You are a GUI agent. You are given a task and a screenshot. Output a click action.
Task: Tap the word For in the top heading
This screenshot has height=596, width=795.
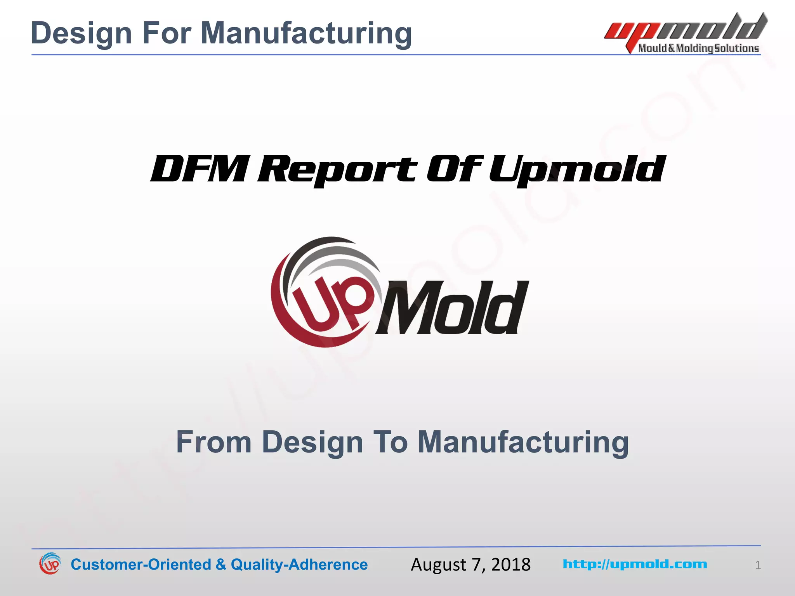click(167, 33)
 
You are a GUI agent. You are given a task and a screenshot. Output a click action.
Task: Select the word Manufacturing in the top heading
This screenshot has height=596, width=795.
click(306, 33)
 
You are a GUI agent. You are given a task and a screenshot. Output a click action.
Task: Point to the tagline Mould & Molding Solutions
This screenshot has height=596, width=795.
click(698, 48)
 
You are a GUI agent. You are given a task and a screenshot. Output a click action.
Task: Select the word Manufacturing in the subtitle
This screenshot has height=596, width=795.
click(523, 442)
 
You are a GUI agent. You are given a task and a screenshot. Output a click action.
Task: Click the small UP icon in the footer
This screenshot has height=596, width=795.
click(50, 564)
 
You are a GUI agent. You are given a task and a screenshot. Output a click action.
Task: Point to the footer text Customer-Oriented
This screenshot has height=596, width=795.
click(141, 565)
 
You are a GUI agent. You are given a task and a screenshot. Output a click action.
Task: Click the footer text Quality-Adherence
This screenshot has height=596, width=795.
click(299, 565)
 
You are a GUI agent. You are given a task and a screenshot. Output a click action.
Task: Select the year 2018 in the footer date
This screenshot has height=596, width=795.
click(511, 565)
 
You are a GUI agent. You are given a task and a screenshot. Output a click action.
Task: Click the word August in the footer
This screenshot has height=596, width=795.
click(438, 565)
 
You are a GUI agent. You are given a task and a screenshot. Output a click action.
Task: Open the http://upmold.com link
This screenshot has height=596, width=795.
click(635, 564)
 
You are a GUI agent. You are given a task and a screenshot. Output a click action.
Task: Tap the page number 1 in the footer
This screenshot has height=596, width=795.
click(758, 565)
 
